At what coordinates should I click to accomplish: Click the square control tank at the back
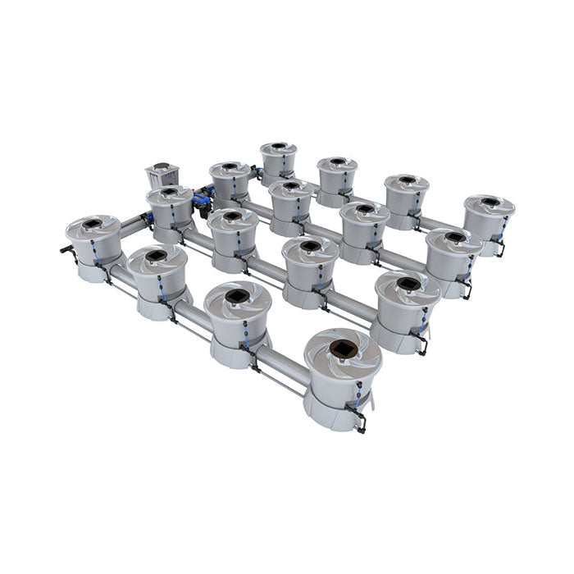pyautogui.click(x=161, y=175)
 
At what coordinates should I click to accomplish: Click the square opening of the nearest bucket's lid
pyautogui.click(x=342, y=351)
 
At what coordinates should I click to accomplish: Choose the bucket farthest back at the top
pyautogui.click(x=278, y=161)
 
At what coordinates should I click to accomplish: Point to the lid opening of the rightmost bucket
pyautogui.click(x=490, y=201)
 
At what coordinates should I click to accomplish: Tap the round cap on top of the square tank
pyautogui.click(x=161, y=167)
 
